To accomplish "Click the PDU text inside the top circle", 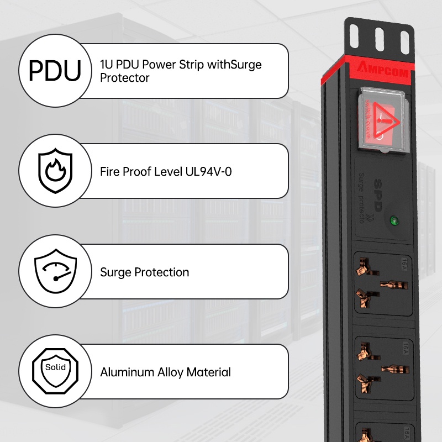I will [55, 71].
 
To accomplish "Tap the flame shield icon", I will [55, 171].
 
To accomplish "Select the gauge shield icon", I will [55, 271].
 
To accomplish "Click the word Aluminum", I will [127, 372].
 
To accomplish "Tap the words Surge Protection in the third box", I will [144, 272].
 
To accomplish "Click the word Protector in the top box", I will [125, 78].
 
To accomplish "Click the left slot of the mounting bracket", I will [356, 38].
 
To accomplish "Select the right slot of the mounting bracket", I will [404, 38].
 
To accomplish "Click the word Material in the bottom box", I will [208, 372].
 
